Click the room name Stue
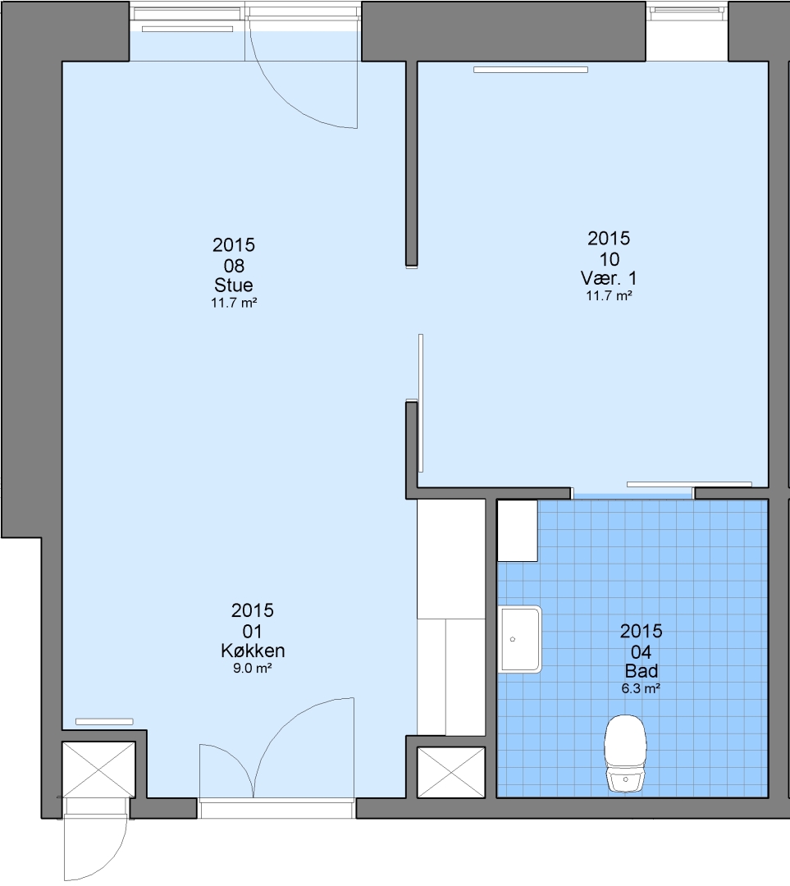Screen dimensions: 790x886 (x=233, y=285)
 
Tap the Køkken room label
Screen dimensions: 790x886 (x=253, y=651)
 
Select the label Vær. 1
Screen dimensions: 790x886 (x=609, y=278)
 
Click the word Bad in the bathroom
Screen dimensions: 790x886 (x=642, y=671)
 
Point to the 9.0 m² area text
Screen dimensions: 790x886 (x=253, y=669)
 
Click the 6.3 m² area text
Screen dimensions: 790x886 (x=642, y=689)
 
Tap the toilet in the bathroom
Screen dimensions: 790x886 (x=625, y=754)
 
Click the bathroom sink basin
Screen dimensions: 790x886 (x=520, y=639)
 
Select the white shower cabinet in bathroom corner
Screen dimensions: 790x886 (x=518, y=531)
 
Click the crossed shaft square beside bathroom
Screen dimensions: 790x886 (x=451, y=773)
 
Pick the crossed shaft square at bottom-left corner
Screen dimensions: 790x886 (x=98, y=770)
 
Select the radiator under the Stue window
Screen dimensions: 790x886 (x=187, y=29)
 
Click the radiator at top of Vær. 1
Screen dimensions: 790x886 (x=531, y=70)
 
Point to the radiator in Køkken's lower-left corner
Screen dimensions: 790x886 (x=104, y=722)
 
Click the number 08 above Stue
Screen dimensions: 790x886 (x=234, y=265)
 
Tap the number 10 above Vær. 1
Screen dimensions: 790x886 (x=610, y=258)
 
